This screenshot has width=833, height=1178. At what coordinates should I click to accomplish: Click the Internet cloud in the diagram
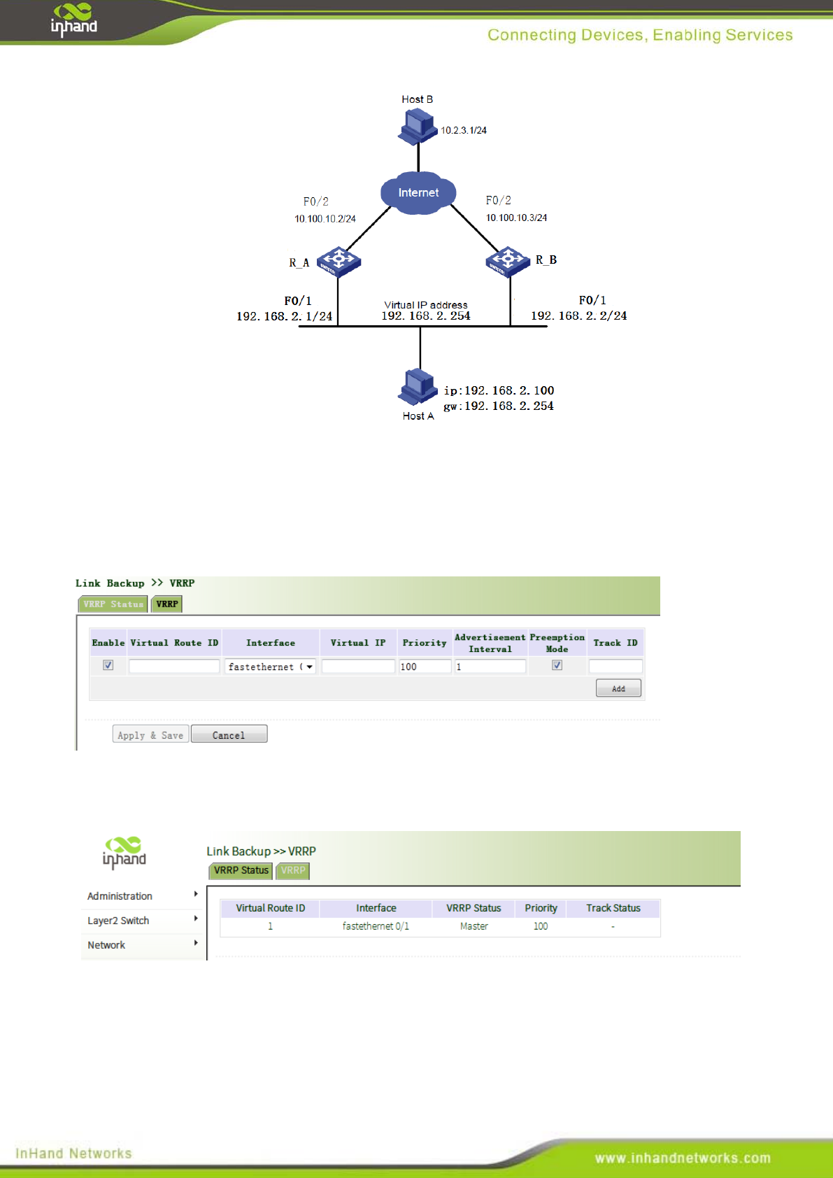pyautogui.click(x=418, y=192)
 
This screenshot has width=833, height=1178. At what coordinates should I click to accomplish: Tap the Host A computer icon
pyautogui.click(x=418, y=385)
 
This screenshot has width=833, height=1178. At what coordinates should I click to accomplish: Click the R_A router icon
pyautogui.click(x=339, y=262)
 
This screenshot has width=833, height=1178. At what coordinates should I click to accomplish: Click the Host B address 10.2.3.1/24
pyautogui.click(x=463, y=131)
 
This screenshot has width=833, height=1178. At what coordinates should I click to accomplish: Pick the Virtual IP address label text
pyautogui.click(x=425, y=305)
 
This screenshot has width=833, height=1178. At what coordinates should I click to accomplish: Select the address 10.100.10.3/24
pyautogui.click(x=516, y=218)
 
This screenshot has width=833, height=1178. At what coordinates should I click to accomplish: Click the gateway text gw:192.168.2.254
pyautogui.click(x=498, y=406)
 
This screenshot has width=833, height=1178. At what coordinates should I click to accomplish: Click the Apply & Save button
pyautogui.click(x=150, y=735)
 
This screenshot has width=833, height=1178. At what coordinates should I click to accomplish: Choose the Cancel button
pyautogui.click(x=229, y=735)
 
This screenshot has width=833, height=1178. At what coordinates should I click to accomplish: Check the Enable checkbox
pyautogui.click(x=108, y=665)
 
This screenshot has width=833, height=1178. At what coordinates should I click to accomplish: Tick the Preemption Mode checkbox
pyautogui.click(x=557, y=665)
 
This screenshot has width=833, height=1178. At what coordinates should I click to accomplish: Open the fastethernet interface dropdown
pyautogui.click(x=271, y=667)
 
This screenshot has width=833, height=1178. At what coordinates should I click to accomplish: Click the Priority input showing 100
pyautogui.click(x=424, y=667)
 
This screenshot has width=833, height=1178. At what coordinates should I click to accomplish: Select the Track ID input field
pyautogui.click(x=615, y=667)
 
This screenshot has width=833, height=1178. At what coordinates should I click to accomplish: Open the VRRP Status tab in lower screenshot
pyautogui.click(x=241, y=870)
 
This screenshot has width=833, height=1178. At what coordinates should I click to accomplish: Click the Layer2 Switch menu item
pyautogui.click(x=118, y=921)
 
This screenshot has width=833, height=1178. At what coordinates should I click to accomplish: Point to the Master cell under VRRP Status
pyautogui.click(x=474, y=926)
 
